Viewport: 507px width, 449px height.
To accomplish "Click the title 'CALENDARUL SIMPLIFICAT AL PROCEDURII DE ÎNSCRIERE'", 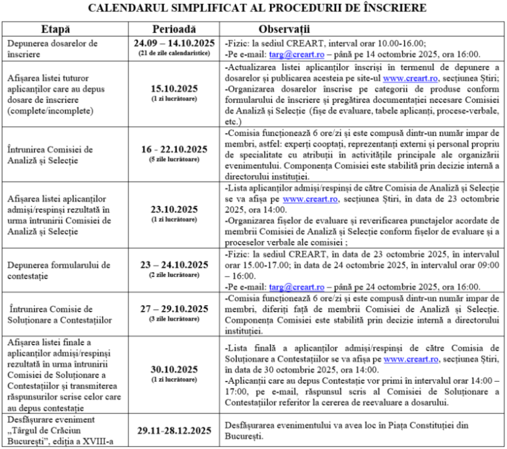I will tap(253, 8).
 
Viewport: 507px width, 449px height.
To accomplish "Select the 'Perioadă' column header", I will tap(174, 30).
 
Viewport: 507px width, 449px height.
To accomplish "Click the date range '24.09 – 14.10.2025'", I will tap(174, 43).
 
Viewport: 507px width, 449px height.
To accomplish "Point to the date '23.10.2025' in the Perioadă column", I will tap(174, 209).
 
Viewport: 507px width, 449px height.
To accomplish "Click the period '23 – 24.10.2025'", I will tap(174, 264).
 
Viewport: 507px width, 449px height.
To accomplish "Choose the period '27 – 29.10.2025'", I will tap(174, 310).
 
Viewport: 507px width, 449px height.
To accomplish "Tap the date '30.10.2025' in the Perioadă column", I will tap(174, 370).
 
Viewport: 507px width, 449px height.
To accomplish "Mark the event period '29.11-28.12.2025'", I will tap(174, 431).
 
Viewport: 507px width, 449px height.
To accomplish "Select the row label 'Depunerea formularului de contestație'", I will tap(53, 269).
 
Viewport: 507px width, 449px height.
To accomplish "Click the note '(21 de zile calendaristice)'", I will tap(174, 53).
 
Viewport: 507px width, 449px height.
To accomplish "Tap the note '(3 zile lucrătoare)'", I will tap(174, 320).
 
